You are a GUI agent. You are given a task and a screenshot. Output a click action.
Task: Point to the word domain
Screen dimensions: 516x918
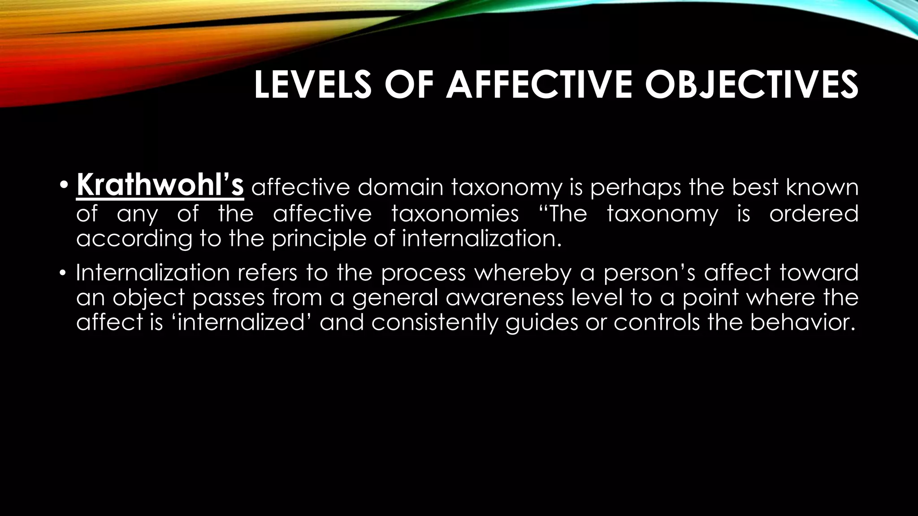point(400,187)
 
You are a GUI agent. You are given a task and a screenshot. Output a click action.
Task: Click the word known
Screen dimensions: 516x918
point(822,187)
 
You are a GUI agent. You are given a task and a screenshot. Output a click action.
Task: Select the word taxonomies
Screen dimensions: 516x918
point(455,213)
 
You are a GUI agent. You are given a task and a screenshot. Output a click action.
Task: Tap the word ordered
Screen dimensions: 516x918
point(814,213)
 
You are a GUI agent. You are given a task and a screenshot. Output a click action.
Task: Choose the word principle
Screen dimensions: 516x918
point(320,239)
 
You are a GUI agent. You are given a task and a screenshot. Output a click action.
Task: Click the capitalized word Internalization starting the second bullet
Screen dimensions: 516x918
point(152,272)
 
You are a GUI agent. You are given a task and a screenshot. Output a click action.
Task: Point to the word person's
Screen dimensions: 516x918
point(649,273)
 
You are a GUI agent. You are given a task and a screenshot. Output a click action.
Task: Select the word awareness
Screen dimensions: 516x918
point(504,297)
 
